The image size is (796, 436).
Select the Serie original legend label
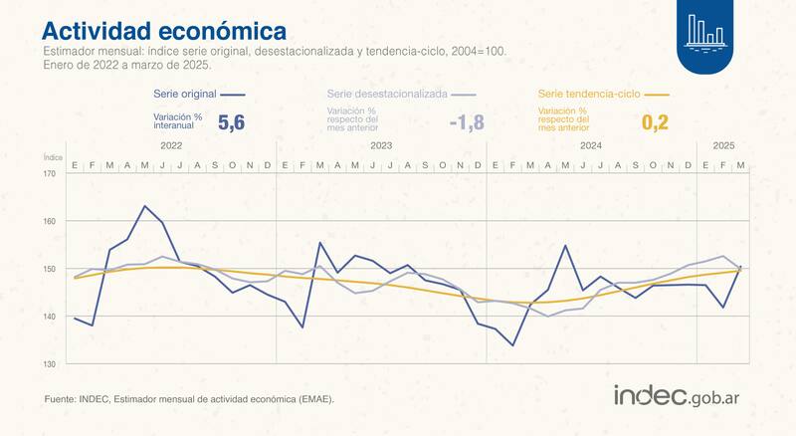point(184,93)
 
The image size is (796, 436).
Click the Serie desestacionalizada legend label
point(387,93)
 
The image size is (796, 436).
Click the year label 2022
point(170,145)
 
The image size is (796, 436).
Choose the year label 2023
point(380,145)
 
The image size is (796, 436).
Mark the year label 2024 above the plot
point(591,145)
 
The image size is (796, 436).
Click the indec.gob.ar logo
point(682,395)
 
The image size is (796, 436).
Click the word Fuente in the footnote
point(61,399)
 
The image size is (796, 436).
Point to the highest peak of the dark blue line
point(145,206)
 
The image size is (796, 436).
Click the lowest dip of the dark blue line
point(512,345)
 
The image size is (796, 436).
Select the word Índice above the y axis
point(54,157)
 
